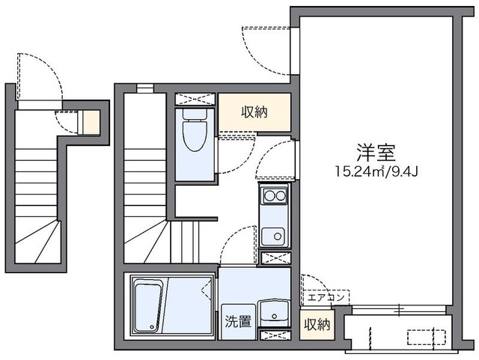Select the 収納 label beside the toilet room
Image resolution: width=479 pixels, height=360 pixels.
[254, 112]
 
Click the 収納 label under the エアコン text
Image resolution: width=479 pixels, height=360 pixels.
[317, 324]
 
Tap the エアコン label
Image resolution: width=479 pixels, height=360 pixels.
[325, 297]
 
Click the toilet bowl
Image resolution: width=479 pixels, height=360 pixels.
[194, 135]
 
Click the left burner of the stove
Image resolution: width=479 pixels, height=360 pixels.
[268, 196]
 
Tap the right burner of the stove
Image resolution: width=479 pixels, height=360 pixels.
[281, 196]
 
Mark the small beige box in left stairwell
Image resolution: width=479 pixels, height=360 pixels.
[90, 121]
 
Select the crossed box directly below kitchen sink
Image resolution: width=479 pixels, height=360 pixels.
[275, 258]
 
